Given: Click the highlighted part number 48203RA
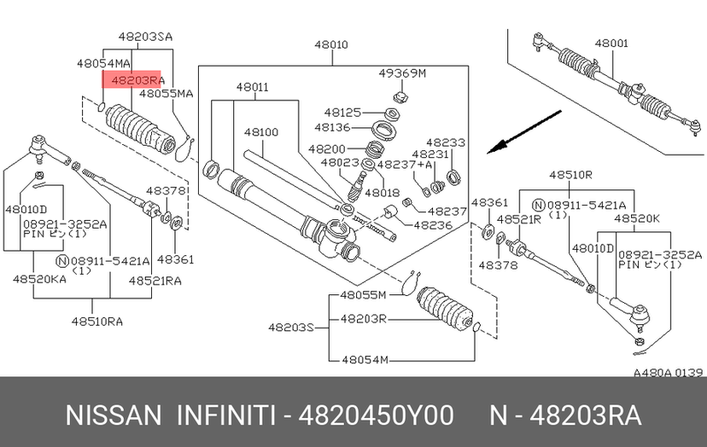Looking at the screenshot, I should (131, 79).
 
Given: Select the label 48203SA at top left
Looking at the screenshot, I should (144, 37).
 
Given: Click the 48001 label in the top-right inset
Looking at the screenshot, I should (611, 43).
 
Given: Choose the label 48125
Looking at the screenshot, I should (343, 113).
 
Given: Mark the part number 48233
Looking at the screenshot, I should (446, 142).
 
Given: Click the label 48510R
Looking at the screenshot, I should (570, 175).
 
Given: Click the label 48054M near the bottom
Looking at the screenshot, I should (363, 359).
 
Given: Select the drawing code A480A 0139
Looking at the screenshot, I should (668, 372).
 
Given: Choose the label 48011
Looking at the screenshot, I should (253, 87).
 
